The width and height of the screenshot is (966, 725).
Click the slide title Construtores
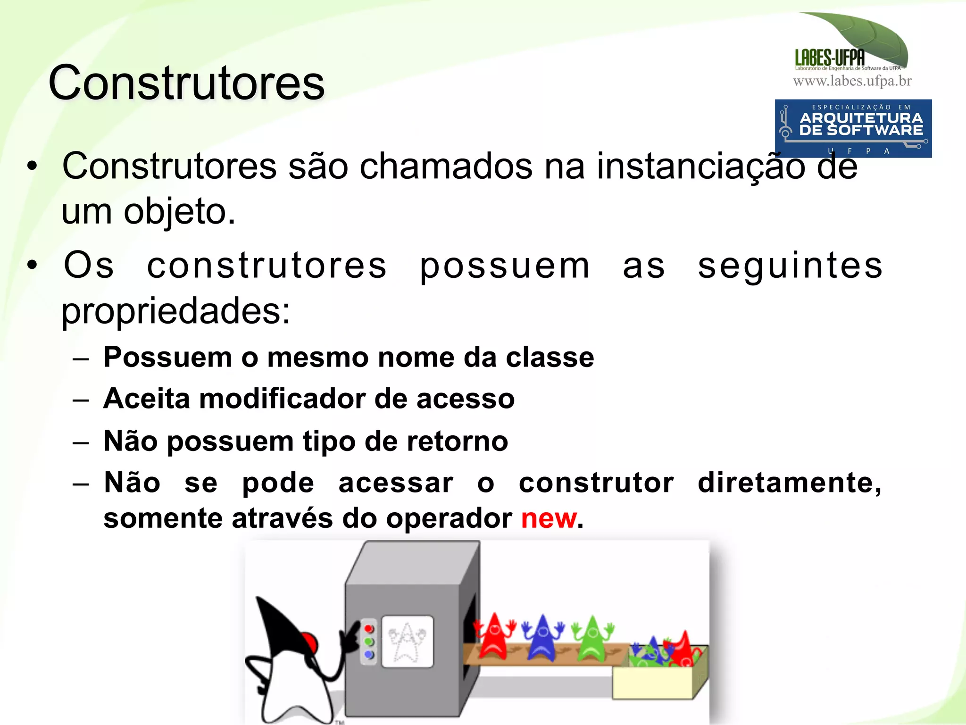(x=186, y=83)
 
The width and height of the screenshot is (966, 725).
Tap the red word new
(x=549, y=519)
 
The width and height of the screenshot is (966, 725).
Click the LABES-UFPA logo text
(x=830, y=58)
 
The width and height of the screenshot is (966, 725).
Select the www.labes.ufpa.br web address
(x=852, y=81)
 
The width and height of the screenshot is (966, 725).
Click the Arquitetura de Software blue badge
(x=853, y=128)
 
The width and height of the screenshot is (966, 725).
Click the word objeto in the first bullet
(x=179, y=212)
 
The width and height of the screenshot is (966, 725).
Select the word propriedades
(x=175, y=311)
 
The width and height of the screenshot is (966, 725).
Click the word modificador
(x=282, y=399)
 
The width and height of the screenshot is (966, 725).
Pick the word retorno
(x=457, y=442)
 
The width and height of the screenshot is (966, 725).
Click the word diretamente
(x=789, y=483)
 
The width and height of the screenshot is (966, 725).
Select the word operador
(x=449, y=519)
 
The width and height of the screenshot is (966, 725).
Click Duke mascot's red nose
(x=309, y=642)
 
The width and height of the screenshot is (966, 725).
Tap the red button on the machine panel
(x=369, y=629)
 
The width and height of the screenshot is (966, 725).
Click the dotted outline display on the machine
(x=407, y=642)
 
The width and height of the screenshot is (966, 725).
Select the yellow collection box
(x=653, y=682)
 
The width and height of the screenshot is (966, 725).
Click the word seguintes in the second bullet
(x=790, y=266)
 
